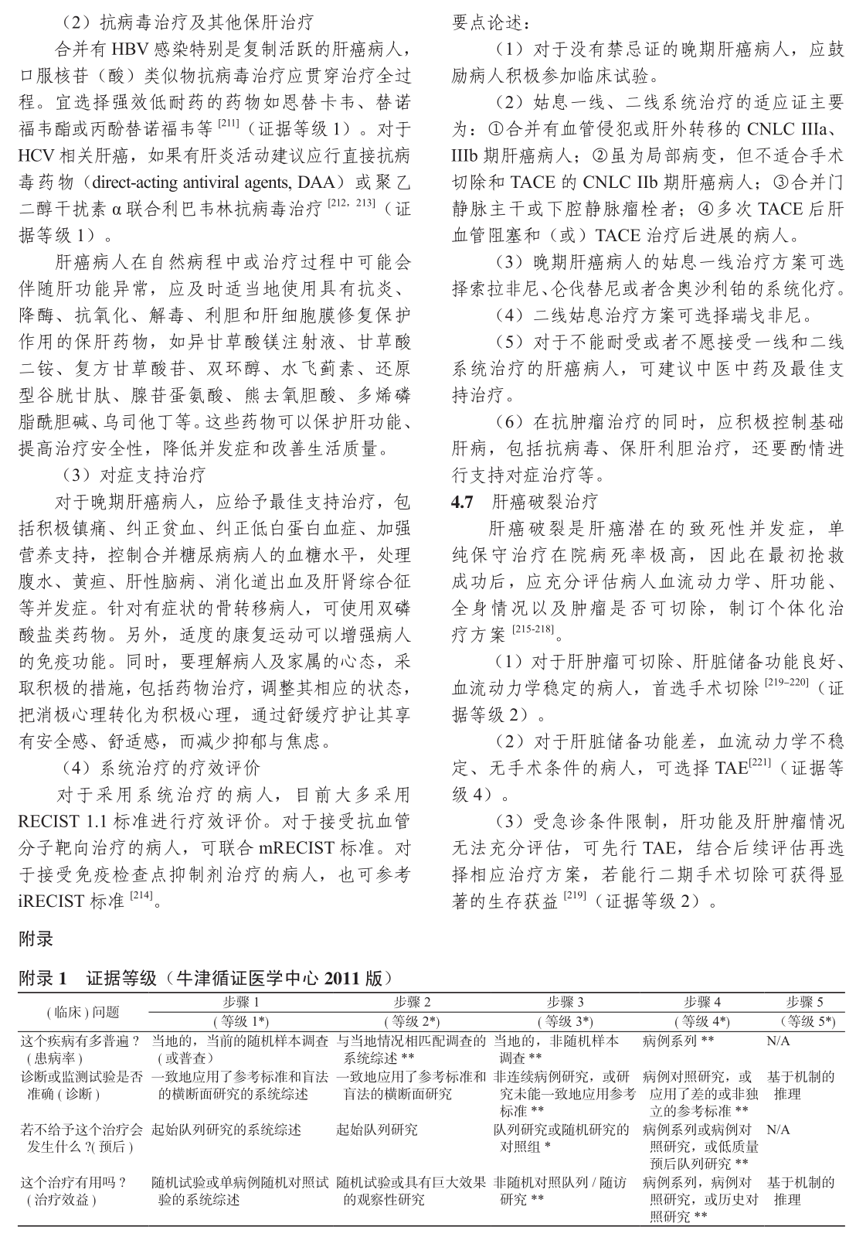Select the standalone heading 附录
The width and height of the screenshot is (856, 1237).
(36, 939)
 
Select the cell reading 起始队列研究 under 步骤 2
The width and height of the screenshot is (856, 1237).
(378, 1130)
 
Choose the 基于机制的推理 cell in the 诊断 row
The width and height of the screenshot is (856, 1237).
(800, 1085)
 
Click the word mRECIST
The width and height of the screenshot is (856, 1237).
(293, 848)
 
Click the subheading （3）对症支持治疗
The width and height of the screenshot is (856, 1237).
(133, 475)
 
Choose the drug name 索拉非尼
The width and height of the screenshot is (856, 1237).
(501, 289)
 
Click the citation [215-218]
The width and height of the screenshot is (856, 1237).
(533, 631)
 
